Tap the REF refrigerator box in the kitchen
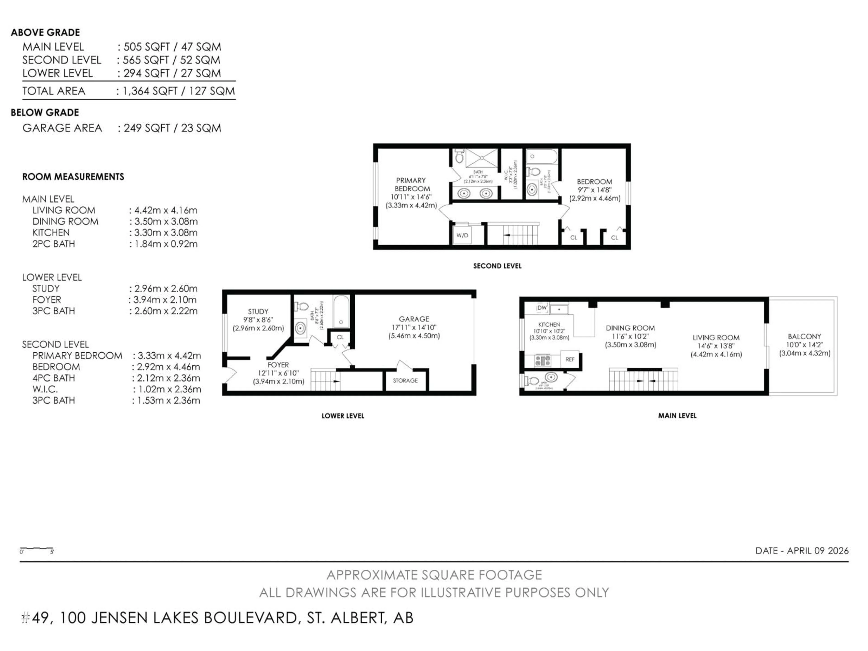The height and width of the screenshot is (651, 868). pyautogui.click(x=570, y=359)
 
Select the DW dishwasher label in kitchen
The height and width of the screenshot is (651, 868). pyautogui.click(x=542, y=308)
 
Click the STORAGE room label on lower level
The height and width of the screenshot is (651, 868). pyautogui.click(x=405, y=380)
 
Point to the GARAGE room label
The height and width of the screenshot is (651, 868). pyautogui.click(x=414, y=319)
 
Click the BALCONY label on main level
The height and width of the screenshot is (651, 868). pyautogui.click(x=804, y=336)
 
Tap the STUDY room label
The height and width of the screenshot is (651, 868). pyautogui.click(x=258, y=311)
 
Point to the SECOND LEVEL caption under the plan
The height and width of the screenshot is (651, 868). pyautogui.click(x=497, y=266)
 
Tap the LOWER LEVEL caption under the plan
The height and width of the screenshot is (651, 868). pyautogui.click(x=343, y=416)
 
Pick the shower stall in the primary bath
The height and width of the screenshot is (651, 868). pyautogui.click(x=481, y=158)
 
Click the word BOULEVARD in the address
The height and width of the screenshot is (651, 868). pyautogui.click(x=250, y=618)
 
